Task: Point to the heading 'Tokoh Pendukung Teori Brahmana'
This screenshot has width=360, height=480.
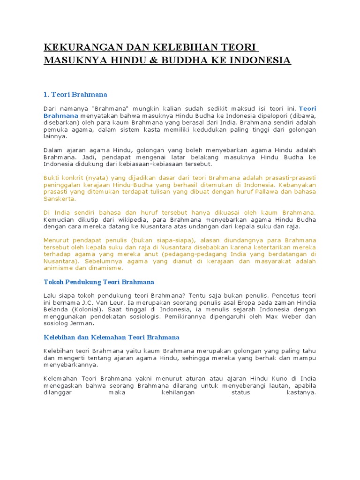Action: click(x=99, y=282)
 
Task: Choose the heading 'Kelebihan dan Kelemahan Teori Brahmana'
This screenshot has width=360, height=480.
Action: click(x=112, y=337)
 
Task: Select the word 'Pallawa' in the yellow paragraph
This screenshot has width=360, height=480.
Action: click(x=265, y=192)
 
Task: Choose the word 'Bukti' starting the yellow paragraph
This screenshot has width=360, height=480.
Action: click(x=52, y=178)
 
